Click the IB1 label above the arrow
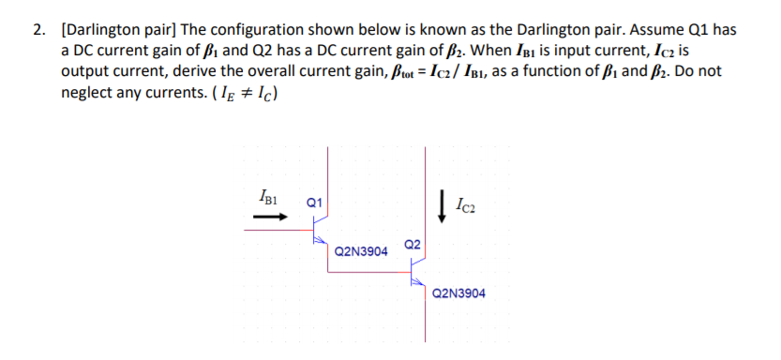click(268, 197)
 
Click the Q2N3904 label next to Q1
click(361, 251)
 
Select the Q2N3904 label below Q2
click(459, 293)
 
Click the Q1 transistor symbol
click(321, 229)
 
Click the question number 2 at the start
click(38, 29)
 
